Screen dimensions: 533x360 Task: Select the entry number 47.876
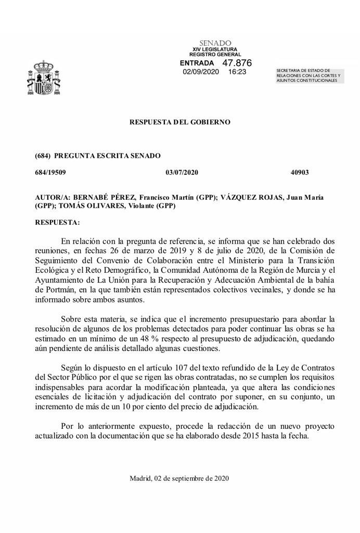click(237, 62)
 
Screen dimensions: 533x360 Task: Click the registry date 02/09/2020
click(200, 72)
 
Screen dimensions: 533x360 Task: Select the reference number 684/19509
click(51, 172)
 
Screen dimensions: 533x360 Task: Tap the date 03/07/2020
click(182, 172)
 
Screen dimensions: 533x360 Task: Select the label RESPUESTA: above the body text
click(57, 222)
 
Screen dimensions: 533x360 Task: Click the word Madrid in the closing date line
click(140, 478)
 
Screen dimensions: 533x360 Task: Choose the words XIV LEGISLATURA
click(215, 49)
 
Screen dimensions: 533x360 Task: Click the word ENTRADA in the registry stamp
click(197, 63)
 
